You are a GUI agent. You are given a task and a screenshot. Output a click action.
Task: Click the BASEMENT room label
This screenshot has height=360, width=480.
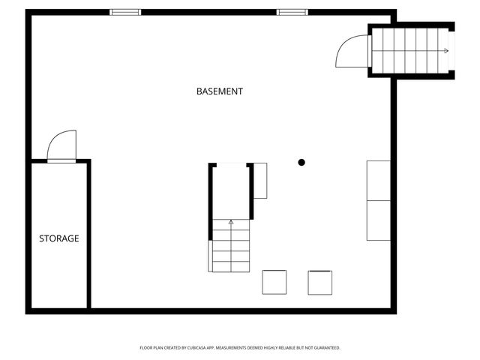coord(219,91)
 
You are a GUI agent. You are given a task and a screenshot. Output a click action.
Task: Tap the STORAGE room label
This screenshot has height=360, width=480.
coord(59,238)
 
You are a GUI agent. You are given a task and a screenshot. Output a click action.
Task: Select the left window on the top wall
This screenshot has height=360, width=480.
coord(125,12)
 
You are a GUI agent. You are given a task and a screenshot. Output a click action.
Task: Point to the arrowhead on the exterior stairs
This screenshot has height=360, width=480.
coord(446,51)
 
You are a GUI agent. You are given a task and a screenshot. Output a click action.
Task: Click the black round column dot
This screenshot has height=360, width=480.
coord(301,162)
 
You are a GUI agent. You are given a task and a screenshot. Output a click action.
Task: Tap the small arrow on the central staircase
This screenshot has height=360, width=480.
coord(231,222)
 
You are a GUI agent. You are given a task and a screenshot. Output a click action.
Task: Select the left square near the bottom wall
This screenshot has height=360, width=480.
coord(274,282)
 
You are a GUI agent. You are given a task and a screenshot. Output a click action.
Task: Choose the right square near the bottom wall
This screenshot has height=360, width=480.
coord(320,282)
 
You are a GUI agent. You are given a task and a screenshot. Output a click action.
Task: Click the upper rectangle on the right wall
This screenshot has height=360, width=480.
coord(378,180)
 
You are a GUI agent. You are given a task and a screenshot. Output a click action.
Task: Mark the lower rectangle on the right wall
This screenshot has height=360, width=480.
coord(378,220)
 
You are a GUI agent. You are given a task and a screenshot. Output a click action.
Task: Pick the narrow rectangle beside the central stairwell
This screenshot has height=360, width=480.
coord(260,181)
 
